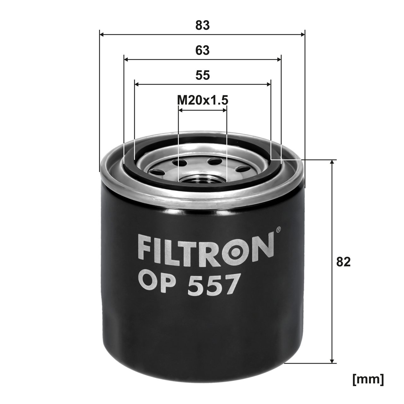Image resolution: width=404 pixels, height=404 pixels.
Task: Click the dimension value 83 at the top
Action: [x=202, y=26]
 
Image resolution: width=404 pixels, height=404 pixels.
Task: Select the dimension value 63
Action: [x=202, y=50]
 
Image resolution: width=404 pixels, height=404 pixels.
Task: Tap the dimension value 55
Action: [x=202, y=75]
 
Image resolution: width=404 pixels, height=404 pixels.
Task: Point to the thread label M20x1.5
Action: [x=202, y=100]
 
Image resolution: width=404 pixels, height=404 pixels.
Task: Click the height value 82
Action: [x=343, y=262]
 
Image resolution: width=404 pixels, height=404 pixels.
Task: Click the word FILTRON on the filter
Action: [x=205, y=249]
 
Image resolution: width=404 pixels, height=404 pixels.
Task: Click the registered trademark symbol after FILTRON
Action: [x=278, y=230]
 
